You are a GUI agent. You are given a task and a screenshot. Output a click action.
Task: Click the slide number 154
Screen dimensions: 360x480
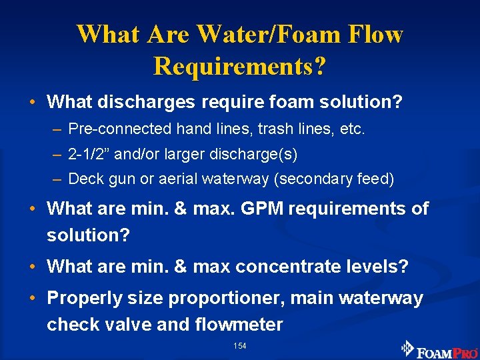pyautogui.click(x=239, y=346)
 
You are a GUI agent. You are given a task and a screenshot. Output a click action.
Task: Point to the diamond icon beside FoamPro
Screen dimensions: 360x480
pyautogui.click(x=407, y=348)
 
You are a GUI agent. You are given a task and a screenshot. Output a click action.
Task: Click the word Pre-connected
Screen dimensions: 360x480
pyautogui.click(x=109, y=129)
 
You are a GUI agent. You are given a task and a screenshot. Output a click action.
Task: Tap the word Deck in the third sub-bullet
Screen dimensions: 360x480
pyautogui.click(x=83, y=179)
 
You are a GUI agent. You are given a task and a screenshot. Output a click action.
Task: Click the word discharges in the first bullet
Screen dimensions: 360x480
pyautogui.click(x=139, y=102)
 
